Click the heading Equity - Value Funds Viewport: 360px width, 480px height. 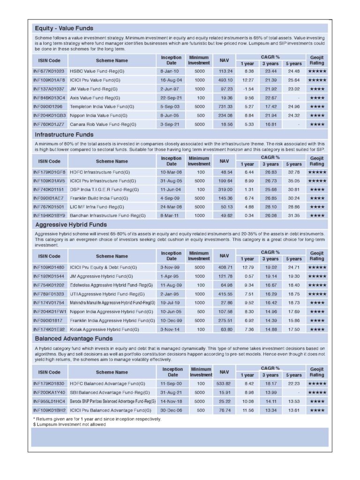coord(64,28)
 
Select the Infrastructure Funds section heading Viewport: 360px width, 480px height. coord(64,135)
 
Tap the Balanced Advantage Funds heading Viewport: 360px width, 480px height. coord(74,338)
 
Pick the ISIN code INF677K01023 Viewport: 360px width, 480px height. coord(49,71)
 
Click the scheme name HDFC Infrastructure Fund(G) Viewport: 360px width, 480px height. coord(100,172)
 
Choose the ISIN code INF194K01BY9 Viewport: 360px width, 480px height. coord(49,216)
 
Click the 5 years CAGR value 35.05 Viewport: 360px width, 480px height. coord(294,181)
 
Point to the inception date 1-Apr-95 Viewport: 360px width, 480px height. coord(171,277)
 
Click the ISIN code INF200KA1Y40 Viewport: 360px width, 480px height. coord(49,392)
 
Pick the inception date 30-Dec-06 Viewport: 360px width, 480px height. coord(172,410)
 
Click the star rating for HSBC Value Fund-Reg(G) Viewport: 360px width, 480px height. coord(317,71)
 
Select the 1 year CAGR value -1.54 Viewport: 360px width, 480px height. coord(248,89)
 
